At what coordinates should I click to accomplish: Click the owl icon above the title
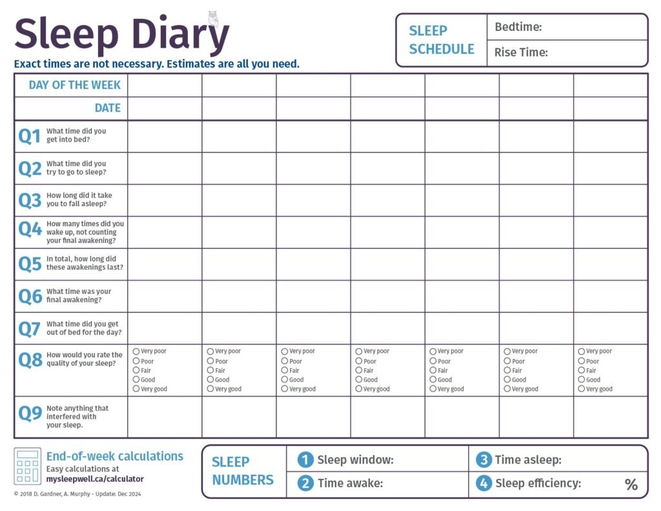click(213, 17)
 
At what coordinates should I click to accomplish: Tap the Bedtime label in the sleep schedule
click(518, 27)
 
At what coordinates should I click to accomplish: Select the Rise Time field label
click(521, 52)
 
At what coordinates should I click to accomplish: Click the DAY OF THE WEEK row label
click(74, 85)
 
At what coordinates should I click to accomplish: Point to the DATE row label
click(107, 108)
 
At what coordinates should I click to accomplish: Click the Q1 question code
click(29, 136)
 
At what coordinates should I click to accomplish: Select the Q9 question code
click(30, 413)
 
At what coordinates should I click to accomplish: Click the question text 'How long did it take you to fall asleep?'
click(79, 200)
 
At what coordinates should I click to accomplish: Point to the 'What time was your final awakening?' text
click(79, 296)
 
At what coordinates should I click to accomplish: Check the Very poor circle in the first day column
click(136, 351)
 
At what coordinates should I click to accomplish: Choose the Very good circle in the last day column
click(582, 389)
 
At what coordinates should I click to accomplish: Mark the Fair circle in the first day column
click(136, 370)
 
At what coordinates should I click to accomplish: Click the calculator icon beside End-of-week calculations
click(27, 466)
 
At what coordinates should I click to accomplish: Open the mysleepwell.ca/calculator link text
click(95, 479)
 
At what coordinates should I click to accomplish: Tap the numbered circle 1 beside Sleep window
click(305, 460)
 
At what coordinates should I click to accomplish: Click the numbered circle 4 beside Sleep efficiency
click(483, 483)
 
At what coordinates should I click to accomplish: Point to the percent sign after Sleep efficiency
click(631, 485)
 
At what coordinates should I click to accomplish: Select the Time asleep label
click(528, 460)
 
